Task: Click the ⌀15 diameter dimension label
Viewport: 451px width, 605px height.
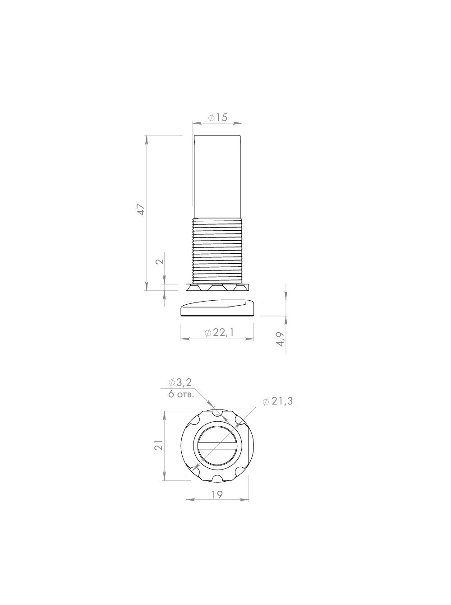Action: point(217,117)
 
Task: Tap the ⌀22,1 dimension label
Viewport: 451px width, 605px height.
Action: point(219,333)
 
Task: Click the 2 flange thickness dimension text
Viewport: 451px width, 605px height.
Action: point(160,261)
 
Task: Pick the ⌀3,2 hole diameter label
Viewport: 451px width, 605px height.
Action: point(180,382)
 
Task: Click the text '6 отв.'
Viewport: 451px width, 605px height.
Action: point(181,395)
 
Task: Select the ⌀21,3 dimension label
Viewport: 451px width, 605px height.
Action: point(278,401)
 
